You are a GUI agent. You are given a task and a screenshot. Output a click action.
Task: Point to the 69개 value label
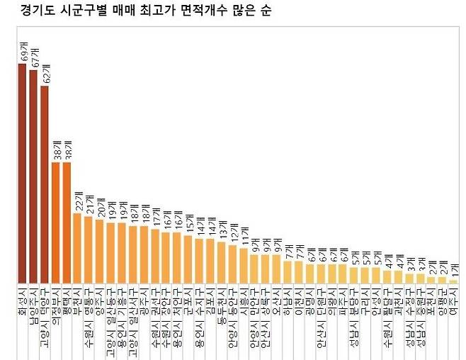tap(23, 52)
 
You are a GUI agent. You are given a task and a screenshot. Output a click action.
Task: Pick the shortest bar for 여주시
tap(453, 281)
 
